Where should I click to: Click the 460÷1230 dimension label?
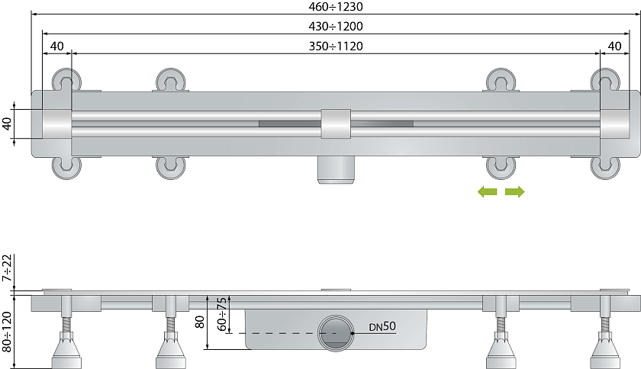pos(336,7)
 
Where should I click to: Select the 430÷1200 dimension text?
pos(336,26)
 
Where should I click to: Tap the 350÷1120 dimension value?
pos(336,46)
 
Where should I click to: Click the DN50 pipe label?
pos(382,326)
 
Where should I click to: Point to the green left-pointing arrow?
pos(488,191)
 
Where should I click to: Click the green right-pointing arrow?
pos(514,191)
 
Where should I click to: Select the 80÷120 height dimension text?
pos(7,332)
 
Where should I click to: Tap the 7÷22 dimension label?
pos(7,268)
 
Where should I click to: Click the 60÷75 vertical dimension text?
pos(221,314)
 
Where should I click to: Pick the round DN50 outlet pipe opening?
pos(336,333)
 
